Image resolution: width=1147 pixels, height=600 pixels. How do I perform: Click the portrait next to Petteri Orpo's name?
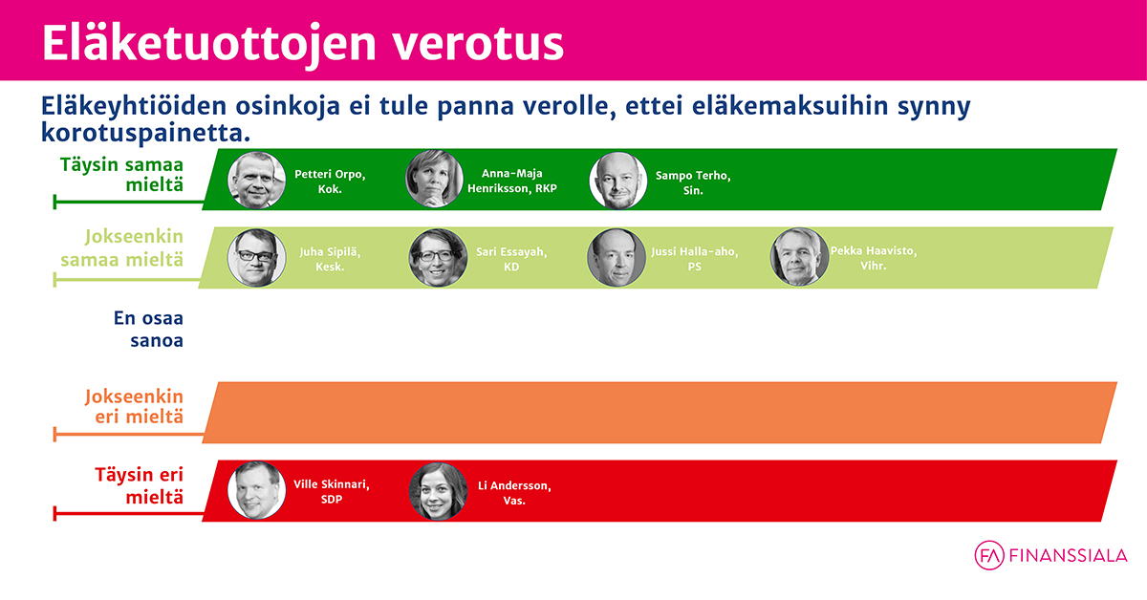pos(256,180)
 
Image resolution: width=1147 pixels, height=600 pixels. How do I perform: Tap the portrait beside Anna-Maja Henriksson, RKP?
pos(434,179)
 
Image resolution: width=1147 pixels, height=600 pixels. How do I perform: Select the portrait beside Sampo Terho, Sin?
pos(618,181)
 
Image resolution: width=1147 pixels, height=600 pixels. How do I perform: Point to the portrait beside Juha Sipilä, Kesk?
pos(256,258)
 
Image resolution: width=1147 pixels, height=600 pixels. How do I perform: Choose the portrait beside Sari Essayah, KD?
pos(438,258)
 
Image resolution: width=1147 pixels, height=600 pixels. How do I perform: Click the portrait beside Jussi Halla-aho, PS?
pos(616,257)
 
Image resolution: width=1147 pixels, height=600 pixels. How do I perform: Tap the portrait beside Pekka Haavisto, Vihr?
pos(799,256)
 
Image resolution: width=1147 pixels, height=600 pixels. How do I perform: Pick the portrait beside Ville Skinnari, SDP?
pos(256,490)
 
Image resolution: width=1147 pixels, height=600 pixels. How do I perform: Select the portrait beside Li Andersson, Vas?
pos(438,491)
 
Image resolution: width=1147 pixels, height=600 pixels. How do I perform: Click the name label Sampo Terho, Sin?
pos(693,182)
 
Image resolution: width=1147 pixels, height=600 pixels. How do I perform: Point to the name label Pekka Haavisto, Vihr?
pos(874,258)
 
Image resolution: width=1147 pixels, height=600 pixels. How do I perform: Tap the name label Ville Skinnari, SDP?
pos(332,491)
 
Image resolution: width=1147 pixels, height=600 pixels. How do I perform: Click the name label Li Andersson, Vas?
pos(514,493)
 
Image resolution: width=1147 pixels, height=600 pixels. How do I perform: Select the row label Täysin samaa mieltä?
pos(121,175)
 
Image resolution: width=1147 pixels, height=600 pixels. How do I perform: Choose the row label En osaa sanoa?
pos(148,330)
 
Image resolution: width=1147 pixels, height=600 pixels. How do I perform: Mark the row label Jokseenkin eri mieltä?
pos(134,406)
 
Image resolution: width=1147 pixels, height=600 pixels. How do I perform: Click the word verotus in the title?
pos(478,44)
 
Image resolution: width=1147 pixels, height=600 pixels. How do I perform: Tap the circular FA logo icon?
pos(989,555)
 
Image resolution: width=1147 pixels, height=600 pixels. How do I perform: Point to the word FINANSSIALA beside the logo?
pos(1069,556)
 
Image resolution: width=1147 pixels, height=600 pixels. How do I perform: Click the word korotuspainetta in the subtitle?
pos(146,133)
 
